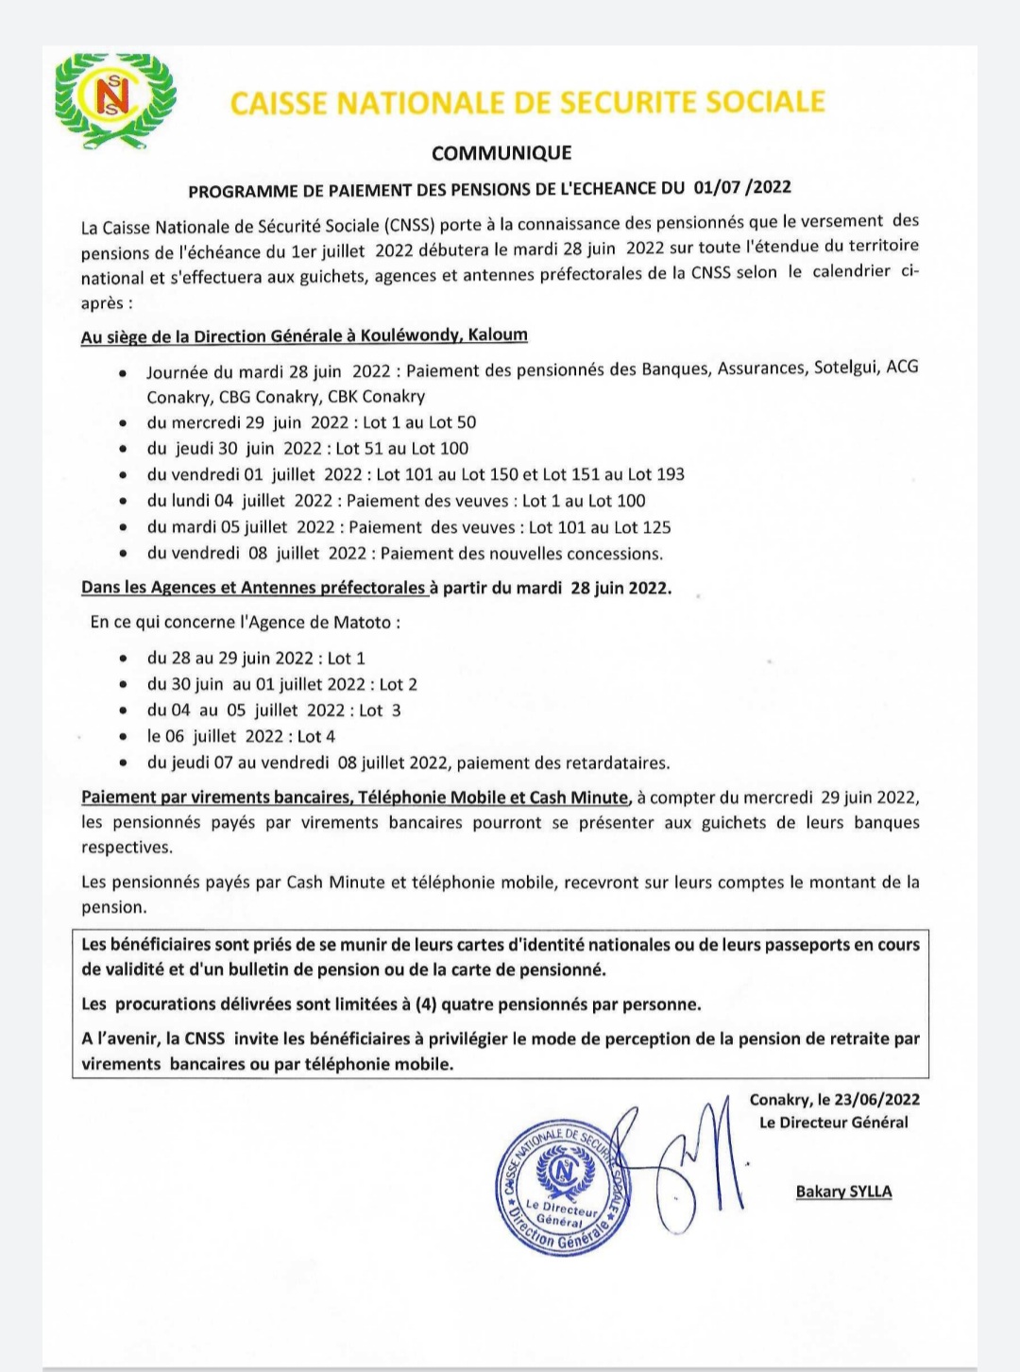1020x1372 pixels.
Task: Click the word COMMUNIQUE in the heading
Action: pyautogui.click(x=501, y=153)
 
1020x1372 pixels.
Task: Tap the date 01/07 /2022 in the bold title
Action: pyautogui.click(x=741, y=187)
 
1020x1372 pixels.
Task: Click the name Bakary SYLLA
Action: pyautogui.click(x=843, y=1192)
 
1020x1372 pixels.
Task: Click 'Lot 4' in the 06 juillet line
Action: pyautogui.click(x=316, y=736)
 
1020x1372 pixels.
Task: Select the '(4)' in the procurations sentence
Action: pyautogui.click(x=426, y=1004)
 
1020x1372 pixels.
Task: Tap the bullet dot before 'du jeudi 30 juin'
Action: pyautogui.click(x=124, y=450)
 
